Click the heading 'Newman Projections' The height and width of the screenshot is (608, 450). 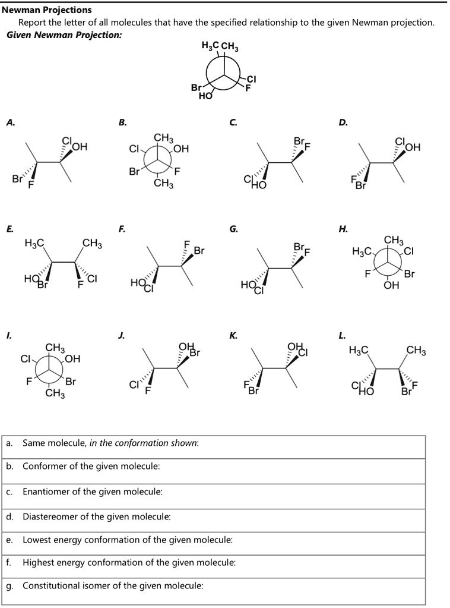(47, 10)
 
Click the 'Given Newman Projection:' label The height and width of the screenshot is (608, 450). (64, 35)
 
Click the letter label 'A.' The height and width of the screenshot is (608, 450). (11, 122)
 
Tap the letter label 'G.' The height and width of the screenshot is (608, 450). (233, 229)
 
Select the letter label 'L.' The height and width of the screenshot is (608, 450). (342, 336)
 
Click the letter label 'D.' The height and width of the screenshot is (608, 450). (343, 122)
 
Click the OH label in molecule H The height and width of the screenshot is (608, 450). (391, 285)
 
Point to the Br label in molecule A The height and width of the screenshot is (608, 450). (17, 179)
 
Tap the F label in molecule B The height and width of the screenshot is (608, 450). (177, 171)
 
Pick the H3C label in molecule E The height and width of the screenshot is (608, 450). (34, 243)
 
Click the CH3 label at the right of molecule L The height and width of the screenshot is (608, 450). (417, 351)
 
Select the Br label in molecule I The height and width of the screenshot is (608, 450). (71, 382)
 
